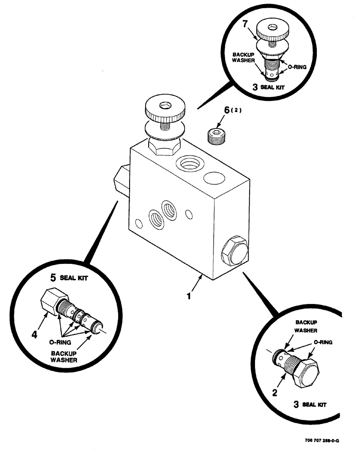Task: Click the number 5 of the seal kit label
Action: point(53,276)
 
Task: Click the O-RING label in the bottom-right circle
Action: point(323,343)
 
